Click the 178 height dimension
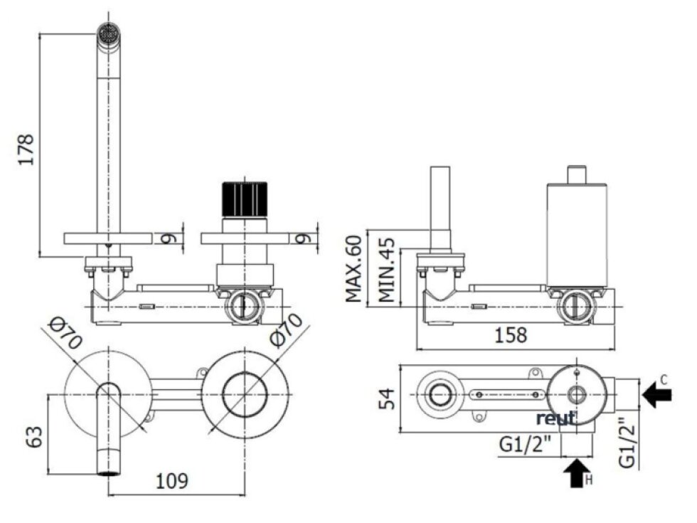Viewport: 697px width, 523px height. pyautogui.click(x=26, y=150)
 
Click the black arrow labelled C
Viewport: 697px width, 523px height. pyautogui.click(x=656, y=393)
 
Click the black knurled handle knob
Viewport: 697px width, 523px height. pyautogui.click(x=245, y=200)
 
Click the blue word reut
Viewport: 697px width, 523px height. pyautogui.click(x=556, y=417)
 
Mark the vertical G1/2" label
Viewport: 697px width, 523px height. pyautogui.click(x=626, y=443)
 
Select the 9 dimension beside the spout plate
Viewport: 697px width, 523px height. pyautogui.click(x=168, y=237)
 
